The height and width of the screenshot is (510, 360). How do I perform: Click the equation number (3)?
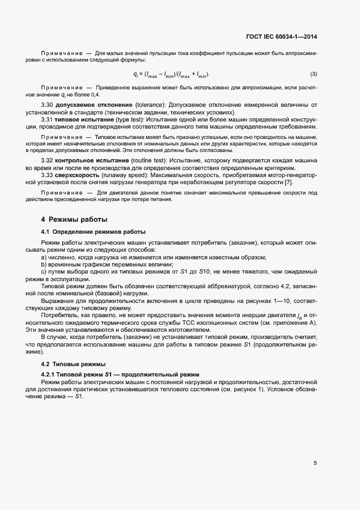coord(314,74)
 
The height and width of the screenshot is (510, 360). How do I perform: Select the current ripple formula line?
coord(171,74)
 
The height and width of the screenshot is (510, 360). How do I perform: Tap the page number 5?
coord(315,463)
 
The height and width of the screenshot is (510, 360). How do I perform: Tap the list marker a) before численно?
coord(44,257)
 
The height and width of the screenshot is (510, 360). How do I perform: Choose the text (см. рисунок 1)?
coord(260,390)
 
